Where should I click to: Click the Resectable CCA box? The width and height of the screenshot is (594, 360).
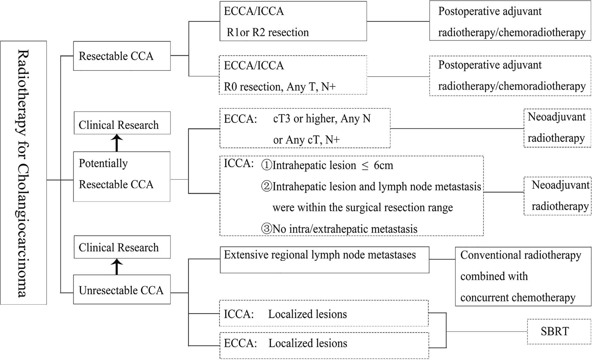coord(122,56)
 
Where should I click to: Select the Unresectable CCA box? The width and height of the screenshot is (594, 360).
coord(122,290)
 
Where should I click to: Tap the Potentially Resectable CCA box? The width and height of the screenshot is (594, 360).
coord(122,176)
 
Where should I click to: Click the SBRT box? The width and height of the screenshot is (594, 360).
coord(555,331)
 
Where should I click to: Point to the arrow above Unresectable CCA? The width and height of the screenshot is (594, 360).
coord(117,267)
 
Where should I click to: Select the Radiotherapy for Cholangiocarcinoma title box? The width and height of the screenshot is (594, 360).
coord(23,173)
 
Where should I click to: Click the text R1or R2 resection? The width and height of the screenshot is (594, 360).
coord(268,32)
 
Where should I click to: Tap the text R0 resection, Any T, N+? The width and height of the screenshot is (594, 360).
coord(280,87)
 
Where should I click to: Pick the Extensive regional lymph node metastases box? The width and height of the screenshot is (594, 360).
coord(324,260)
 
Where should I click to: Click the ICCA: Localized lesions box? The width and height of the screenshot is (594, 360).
coord(324,314)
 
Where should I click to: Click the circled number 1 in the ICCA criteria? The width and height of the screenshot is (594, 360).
coord(267,165)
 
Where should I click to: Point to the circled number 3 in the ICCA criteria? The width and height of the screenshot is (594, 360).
coord(267,229)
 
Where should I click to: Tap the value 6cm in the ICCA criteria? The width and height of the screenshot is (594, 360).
coord(383,165)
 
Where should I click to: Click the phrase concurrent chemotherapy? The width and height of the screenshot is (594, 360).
coord(518,297)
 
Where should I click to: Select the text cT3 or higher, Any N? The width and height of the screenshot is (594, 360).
coord(322,119)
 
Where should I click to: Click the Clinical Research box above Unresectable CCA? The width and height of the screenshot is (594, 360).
coord(122,247)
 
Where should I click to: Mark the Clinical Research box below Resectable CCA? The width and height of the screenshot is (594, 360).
coord(122,123)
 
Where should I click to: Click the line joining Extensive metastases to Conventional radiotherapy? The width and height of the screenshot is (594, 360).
coord(442,259)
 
